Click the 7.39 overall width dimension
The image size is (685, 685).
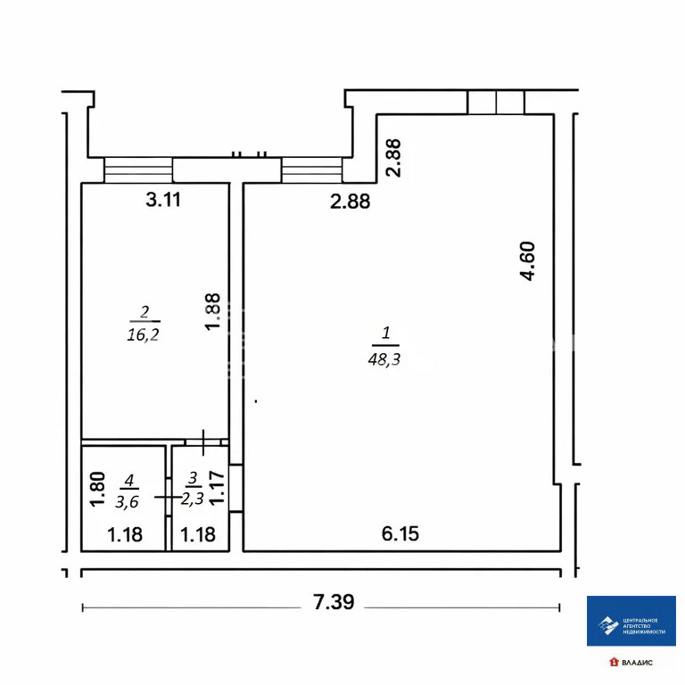coord(334,604)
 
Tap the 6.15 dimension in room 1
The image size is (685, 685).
coord(400,534)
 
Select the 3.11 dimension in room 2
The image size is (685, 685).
coord(163,200)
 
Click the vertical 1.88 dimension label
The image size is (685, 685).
coord(211,313)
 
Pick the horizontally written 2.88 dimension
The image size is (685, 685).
coord(350,202)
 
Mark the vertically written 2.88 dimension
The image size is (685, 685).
coord(393,157)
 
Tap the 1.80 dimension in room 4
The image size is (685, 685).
coord(99,490)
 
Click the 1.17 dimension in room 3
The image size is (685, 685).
coord(215,490)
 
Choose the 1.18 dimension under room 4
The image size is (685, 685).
coord(125,535)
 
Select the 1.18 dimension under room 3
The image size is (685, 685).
coord(198,535)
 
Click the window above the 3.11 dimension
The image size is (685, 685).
coord(138,169)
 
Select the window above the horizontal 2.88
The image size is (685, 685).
coord(311,169)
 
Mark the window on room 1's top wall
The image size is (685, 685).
coord(496,103)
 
